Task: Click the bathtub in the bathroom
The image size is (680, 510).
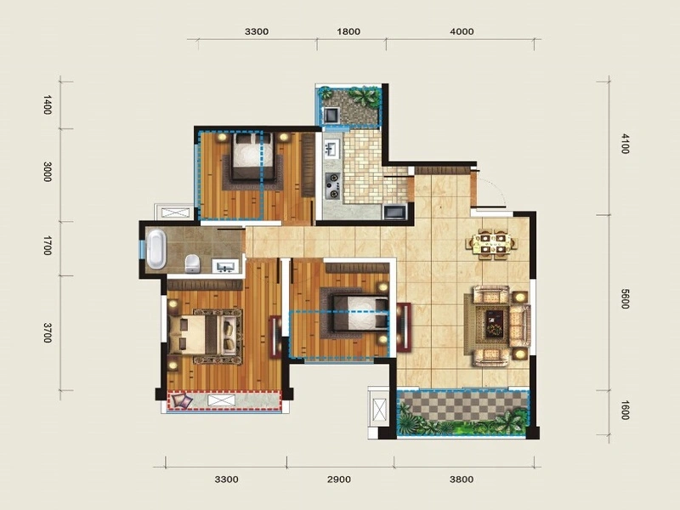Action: coord(156,249)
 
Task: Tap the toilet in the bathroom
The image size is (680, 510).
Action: coord(192,263)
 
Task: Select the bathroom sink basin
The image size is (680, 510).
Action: coord(225,265)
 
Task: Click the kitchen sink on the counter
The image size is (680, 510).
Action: coord(331,148)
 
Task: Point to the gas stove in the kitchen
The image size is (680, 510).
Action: coord(333,185)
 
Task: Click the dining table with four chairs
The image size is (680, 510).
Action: coord(492,244)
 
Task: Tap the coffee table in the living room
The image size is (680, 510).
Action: coord(495,323)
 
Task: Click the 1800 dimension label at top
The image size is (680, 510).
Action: coord(348,31)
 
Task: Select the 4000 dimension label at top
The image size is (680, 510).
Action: coord(462,31)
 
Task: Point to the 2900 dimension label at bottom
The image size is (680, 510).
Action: coord(339,479)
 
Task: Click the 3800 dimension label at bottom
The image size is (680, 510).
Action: coord(462,479)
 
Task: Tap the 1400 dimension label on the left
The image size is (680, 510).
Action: coord(48,105)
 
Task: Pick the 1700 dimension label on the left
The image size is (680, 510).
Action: coord(48,246)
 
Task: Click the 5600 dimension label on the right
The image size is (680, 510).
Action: coord(625,299)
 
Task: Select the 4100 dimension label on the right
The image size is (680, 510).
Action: coord(625,144)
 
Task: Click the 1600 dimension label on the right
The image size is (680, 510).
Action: coord(625,411)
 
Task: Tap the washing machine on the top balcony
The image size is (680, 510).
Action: coord(331,115)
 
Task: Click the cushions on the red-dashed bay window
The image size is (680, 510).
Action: coord(180,401)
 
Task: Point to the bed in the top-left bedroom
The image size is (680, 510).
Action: coord(252,156)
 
